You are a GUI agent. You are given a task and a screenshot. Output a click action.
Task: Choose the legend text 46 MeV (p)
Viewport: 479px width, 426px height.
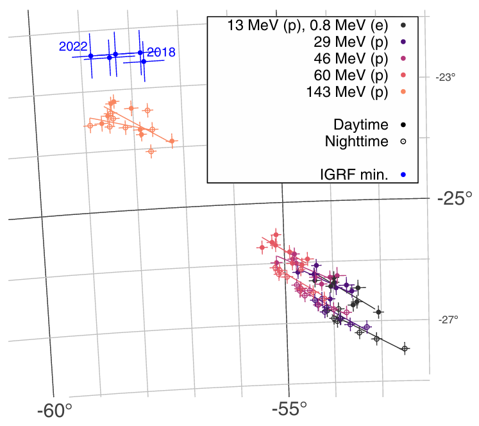[351, 58]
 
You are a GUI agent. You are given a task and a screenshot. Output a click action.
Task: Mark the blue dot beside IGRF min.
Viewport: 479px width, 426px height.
[403, 174]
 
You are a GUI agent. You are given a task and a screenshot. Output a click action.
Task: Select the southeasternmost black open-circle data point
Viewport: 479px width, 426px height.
[405, 348]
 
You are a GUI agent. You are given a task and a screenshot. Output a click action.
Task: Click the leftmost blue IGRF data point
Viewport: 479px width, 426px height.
[90, 56]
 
